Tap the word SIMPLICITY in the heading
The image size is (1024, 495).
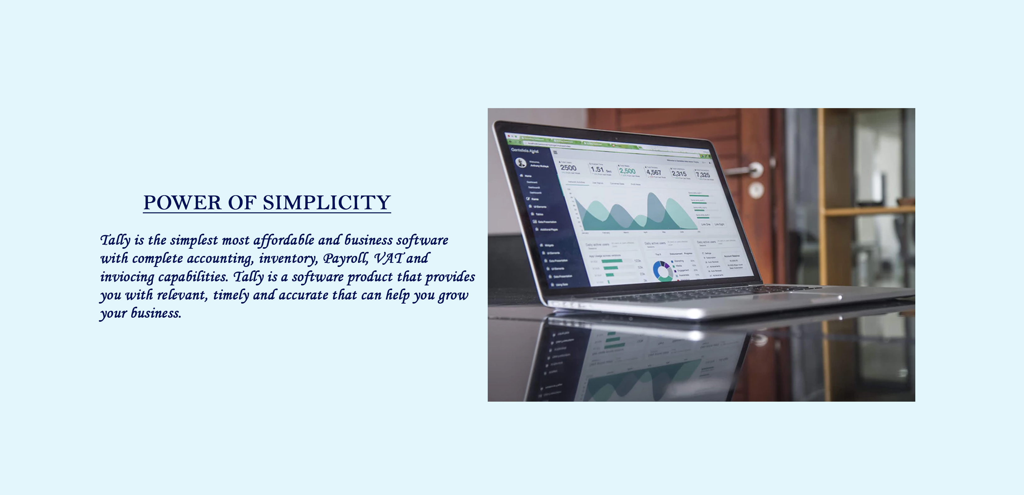pyautogui.click(x=326, y=203)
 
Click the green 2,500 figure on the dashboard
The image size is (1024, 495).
pyautogui.click(x=627, y=171)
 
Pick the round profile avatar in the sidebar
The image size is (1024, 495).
pyautogui.click(x=520, y=162)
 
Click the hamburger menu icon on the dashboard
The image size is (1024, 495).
pyautogui.click(x=555, y=152)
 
